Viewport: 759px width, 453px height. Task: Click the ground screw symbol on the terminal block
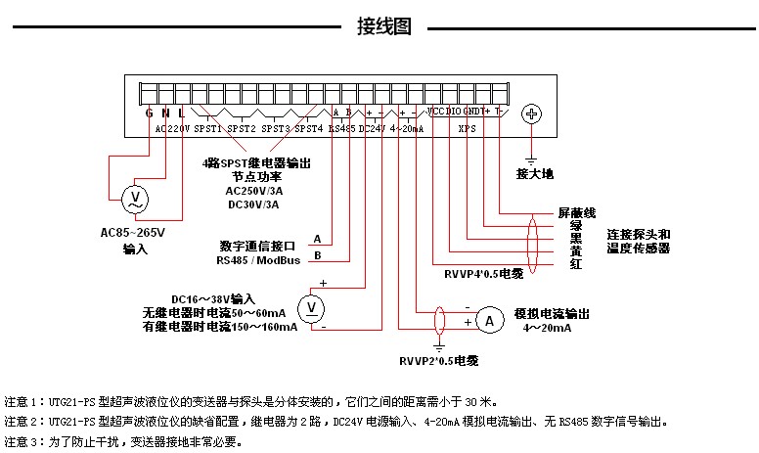tap(532, 114)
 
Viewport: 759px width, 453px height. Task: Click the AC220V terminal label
tap(172, 128)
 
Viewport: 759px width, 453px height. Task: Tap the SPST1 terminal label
tap(208, 128)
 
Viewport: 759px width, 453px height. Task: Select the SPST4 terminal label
tap(308, 128)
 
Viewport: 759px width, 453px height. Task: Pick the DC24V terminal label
tap(373, 128)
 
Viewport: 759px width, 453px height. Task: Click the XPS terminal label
tap(467, 128)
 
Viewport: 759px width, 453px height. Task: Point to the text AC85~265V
tap(134, 233)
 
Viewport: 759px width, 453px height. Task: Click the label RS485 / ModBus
tap(259, 260)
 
